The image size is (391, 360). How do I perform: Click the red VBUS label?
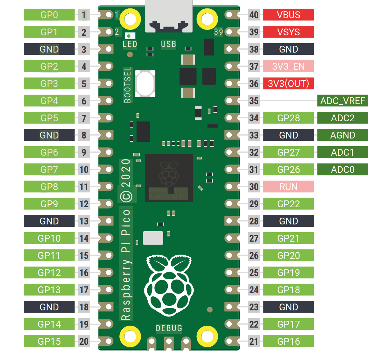288,15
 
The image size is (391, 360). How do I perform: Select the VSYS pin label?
288,32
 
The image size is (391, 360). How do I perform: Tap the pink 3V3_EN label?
288,66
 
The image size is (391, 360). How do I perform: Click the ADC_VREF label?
342,101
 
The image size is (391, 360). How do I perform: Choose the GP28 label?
288,118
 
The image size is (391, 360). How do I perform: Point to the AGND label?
342,135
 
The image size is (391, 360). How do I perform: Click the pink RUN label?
288,187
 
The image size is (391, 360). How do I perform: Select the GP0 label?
49,15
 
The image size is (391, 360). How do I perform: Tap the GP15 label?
49,342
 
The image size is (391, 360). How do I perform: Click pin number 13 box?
84,221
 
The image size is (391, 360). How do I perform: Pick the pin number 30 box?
254,187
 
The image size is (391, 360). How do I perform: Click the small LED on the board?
129,36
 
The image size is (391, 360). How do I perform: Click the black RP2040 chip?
169,178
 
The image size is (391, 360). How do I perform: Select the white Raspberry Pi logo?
169,285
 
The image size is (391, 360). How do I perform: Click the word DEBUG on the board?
169,329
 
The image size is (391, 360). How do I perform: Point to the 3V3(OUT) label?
288,84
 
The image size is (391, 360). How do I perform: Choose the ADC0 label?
342,170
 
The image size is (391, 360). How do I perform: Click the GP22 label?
288,204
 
